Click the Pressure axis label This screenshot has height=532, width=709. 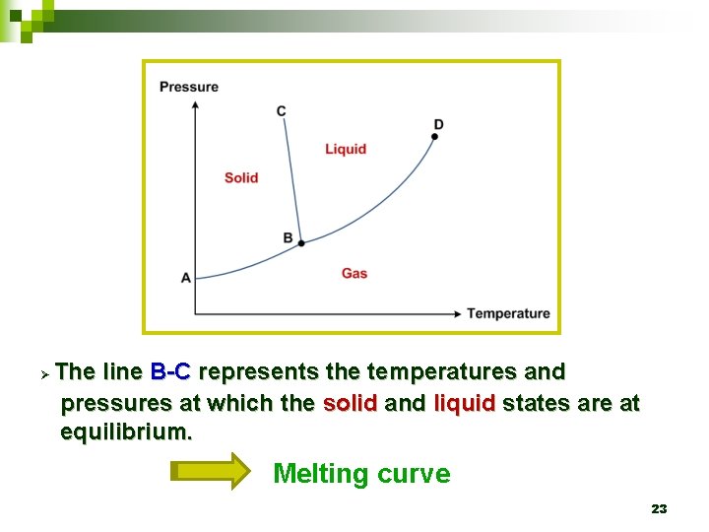tap(189, 87)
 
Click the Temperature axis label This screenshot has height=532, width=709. tap(508, 313)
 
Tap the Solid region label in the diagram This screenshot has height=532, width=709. tap(241, 177)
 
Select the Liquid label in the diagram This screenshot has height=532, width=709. tap(346, 149)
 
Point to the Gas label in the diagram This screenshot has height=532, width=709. tap(354, 273)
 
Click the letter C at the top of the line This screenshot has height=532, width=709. tap(282, 110)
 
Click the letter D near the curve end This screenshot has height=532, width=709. tap(438, 124)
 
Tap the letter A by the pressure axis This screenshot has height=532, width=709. tap(186, 278)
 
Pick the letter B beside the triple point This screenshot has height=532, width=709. tap(288, 237)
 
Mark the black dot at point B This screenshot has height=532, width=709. tap(301, 242)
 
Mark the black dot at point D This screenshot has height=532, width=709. tap(434, 137)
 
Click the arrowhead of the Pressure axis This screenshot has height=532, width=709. tap(195, 103)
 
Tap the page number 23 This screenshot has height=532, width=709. tap(659, 509)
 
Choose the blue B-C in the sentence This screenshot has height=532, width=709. tap(171, 372)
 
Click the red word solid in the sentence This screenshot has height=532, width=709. tap(350, 403)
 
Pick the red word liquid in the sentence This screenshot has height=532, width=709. tap(464, 403)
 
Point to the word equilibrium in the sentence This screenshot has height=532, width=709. tap(126, 432)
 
